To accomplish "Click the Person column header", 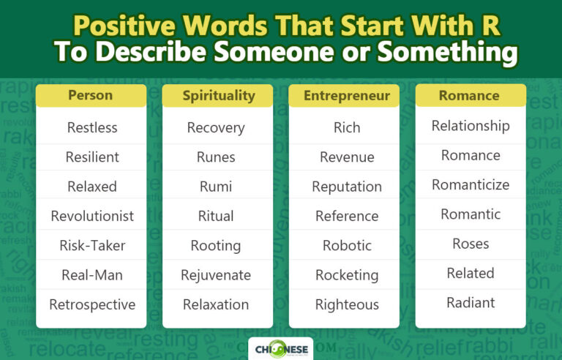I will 91,95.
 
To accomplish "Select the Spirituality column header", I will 217,95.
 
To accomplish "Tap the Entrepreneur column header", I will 345,95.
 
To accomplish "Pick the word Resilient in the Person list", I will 92,157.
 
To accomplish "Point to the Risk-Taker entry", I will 92,245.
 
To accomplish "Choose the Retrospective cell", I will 92,304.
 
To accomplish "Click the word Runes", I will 216,157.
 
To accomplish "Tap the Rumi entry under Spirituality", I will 216,187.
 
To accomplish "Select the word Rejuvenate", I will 216,275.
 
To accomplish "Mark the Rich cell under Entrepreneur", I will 346,127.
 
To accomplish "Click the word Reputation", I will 346,187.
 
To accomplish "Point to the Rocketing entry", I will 346,275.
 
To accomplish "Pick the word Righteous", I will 346,304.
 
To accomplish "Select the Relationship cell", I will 471,126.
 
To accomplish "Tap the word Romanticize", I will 471,184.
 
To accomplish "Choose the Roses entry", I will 471,244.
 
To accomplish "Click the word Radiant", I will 471,302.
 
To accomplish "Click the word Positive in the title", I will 124,27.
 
